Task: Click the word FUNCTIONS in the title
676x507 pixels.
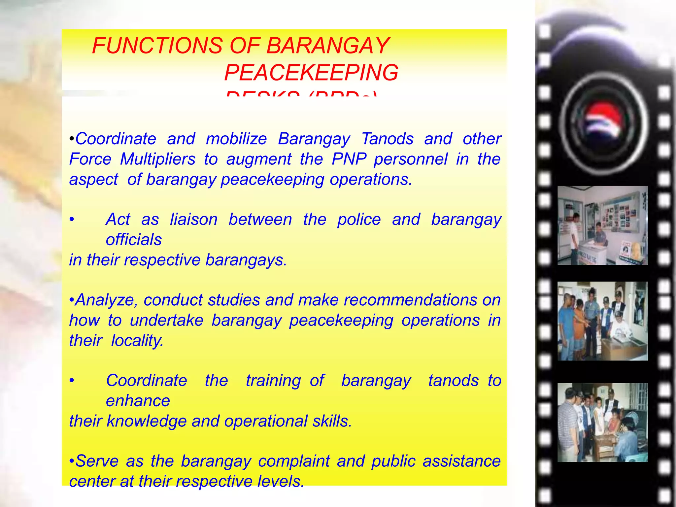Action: click(157, 46)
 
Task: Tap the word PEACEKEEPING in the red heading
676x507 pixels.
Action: click(311, 73)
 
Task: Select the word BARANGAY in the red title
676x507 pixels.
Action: click(327, 46)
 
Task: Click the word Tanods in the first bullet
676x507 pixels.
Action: click(388, 139)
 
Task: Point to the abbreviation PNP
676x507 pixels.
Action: click(349, 159)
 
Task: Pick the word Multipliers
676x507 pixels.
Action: click(158, 159)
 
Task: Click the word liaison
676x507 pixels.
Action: click(194, 220)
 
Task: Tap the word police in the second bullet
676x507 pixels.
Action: click(359, 220)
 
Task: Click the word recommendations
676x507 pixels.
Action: click(410, 300)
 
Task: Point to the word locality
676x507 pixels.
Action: click(137, 340)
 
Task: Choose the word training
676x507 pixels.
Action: click(273, 381)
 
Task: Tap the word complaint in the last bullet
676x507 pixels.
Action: click(294, 461)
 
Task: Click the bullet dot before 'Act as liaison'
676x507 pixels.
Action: click(72, 220)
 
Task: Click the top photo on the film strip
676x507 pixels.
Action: click(602, 225)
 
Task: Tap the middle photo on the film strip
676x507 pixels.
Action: click(602, 321)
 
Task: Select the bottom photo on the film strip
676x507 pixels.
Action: click(602, 422)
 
